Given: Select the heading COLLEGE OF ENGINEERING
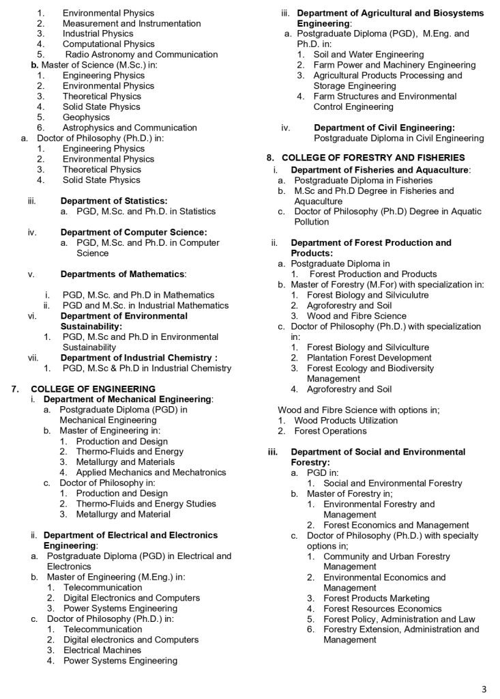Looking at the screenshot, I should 93,389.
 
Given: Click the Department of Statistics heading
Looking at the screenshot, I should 114,201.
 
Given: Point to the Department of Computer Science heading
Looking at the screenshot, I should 134,232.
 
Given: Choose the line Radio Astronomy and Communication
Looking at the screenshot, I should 141,55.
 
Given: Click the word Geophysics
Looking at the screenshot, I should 86,117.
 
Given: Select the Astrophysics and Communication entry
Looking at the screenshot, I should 130,128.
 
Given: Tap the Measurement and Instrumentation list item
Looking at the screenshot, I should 132,23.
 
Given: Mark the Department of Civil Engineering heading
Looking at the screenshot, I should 384,128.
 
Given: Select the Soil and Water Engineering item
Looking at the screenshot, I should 368,55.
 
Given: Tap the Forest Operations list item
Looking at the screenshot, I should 330,431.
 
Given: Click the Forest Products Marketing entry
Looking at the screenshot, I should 377,598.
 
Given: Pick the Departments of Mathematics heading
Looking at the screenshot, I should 123,274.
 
